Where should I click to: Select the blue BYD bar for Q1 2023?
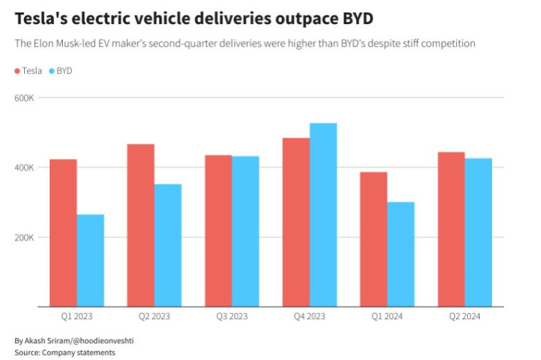(90, 260)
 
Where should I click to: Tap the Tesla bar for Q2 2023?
(140, 225)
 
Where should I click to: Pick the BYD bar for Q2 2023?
(167, 245)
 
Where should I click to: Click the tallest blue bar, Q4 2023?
(323, 215)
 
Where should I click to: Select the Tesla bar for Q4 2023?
(296, 222)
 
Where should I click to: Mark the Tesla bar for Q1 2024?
(374, 239)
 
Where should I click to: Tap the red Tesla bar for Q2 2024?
(451, 229)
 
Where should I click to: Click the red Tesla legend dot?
(18, 71)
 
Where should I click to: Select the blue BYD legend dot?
(51, 71)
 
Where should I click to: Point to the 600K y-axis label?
(26, 97)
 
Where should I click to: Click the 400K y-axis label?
(26, 168)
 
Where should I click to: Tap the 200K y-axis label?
(26, 238)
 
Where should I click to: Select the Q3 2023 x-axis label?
(232, 316)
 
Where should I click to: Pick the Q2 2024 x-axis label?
(464, 316)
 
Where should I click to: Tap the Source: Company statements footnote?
(64, 353)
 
